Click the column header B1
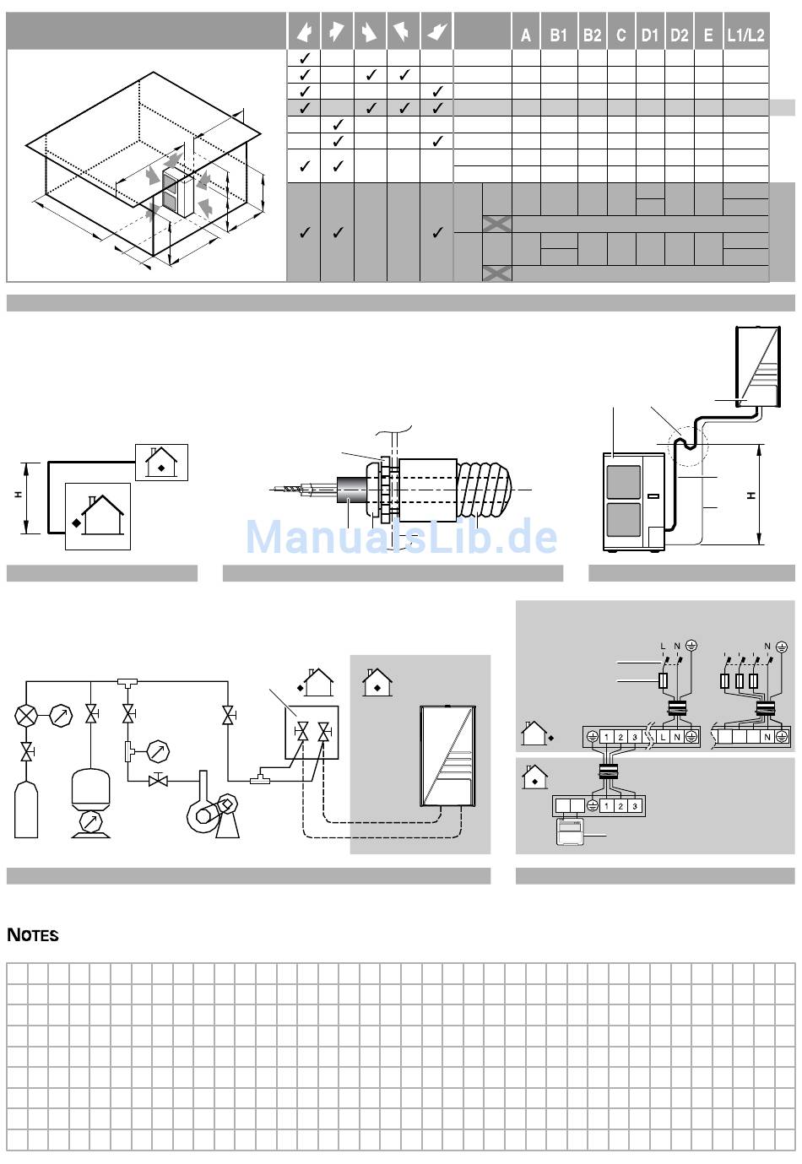pyautogui.click(x=558, y=35)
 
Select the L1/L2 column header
pyautogui.click(x=745, y=35)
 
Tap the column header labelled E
pyautogui.click(x=708, y=35)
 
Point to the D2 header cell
pyautogui.click(x=679, y=35)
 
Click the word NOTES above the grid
pyautogui.click(x=33, y=935)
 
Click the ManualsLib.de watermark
pyautogui.click(x=401, y=536)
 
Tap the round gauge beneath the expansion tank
pyautogui.click(x=91, y=823)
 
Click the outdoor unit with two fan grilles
pyautogui.click(x=634, y=501)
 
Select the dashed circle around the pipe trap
pyautogui.click(x=688, y=446)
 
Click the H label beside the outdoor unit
pyautogui.click(x=751, y=495)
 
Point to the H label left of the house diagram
pyautogui.click(x=19, y=495)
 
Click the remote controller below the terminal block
pyautogui.click(x=572, y=831)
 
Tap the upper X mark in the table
pyautogui.click(x=496, y=224)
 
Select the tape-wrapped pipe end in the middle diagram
pyautogui.click(x=485, y=490)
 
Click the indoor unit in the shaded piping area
pyautogui.click(x=447, y=755)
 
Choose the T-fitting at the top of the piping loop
pyautogui.click(x=127, y=680)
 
